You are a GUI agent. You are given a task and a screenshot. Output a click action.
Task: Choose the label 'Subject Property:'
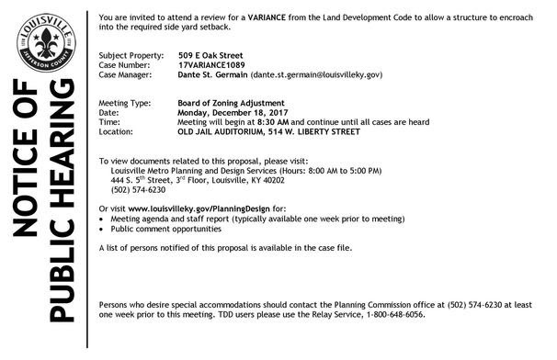click(129, 55)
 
